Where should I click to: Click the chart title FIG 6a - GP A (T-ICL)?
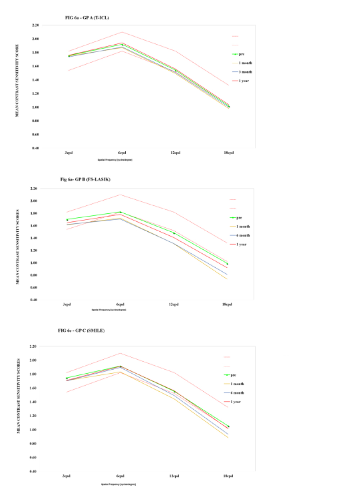click(87, 18)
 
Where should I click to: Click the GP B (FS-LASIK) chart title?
click(85, 179)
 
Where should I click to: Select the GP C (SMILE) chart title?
click(81, 330)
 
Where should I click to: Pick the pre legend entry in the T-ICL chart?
click(242, 54)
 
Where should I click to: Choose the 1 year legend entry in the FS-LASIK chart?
click(242, 244)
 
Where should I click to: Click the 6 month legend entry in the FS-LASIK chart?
click(243, 235)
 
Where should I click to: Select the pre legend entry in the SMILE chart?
click(233, 375)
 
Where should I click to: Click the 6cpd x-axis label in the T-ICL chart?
click(122, 153)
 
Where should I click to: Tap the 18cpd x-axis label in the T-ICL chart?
click(229, 153)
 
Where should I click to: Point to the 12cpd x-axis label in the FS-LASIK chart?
click(174, 304)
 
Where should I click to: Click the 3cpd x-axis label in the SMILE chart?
click(66, 476)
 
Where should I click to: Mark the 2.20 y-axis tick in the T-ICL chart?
click(35, 25)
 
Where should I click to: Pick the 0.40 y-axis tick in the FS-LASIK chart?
click(33, 300)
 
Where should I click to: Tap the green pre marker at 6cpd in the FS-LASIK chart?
click(120, 212)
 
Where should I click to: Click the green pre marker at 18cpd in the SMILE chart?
click(228, 426)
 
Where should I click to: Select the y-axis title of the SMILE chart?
click(19, 396)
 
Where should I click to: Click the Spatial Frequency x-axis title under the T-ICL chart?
click(115, 160)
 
